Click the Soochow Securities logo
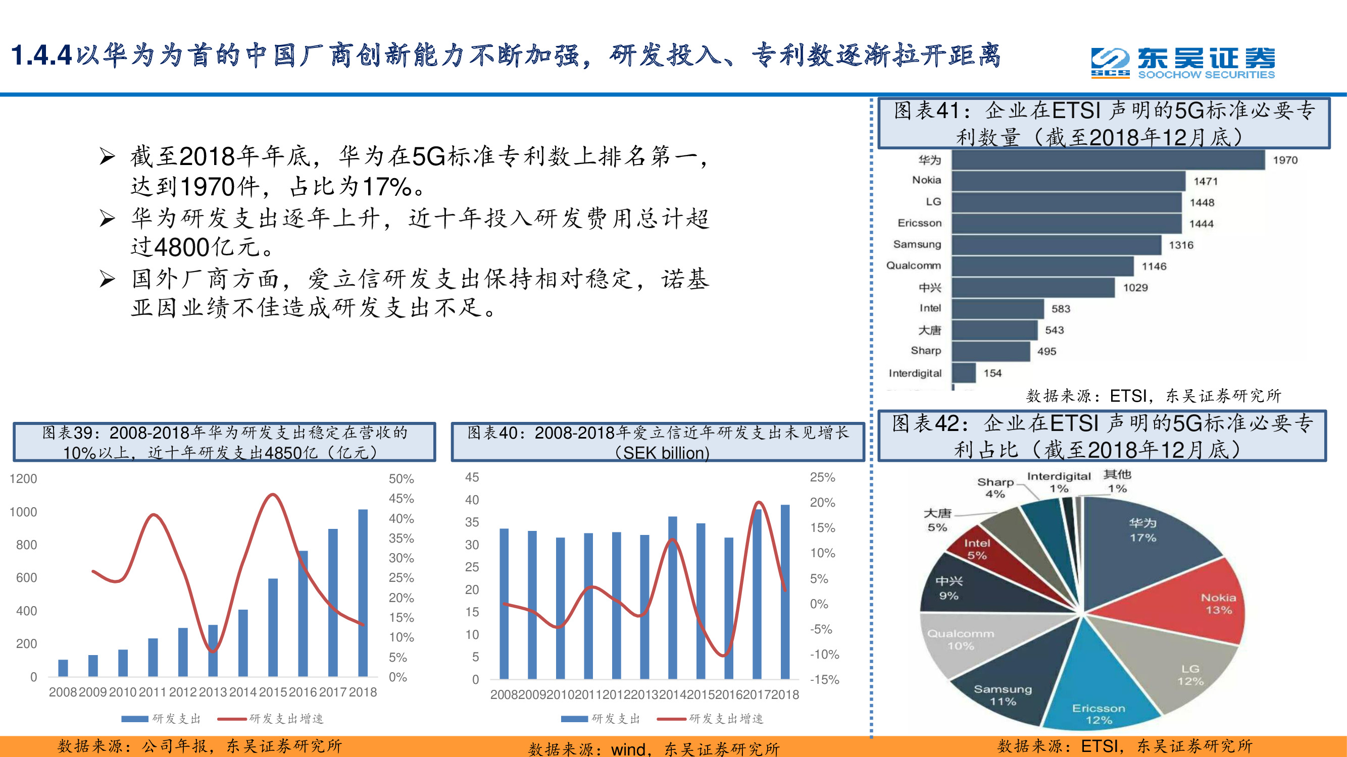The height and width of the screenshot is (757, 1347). [x=1183, y=63]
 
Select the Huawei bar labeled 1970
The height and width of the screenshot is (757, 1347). [x=1108, y=160]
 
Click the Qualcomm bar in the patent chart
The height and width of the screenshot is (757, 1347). [x=1042, y=266]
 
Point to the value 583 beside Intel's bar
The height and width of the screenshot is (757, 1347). [x=1061, y=309]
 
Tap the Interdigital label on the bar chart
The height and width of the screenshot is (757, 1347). [x=915, y=373]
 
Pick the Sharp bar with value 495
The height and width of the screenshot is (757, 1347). [x=990, y=351]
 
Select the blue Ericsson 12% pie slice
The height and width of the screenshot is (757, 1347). [x=1098, y=689]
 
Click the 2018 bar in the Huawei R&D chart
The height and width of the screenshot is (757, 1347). [x=363, y=593]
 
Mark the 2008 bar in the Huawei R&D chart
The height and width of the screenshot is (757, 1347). [x=63, y=668]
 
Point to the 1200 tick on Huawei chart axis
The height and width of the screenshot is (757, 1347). [x=24, y=478]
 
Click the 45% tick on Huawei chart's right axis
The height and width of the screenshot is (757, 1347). [x=401, y=499]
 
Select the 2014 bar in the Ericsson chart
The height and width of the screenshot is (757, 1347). [x=672, y=598]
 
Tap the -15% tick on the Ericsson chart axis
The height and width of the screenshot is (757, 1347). [x=824, y=679]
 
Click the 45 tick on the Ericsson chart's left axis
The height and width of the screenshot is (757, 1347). [x=472, y=477]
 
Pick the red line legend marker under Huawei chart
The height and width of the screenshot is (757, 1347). [x=232, y=719]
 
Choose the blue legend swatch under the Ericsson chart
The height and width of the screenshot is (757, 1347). [x=574, y=719]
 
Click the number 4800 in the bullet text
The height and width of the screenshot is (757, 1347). [x=181, y=247]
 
